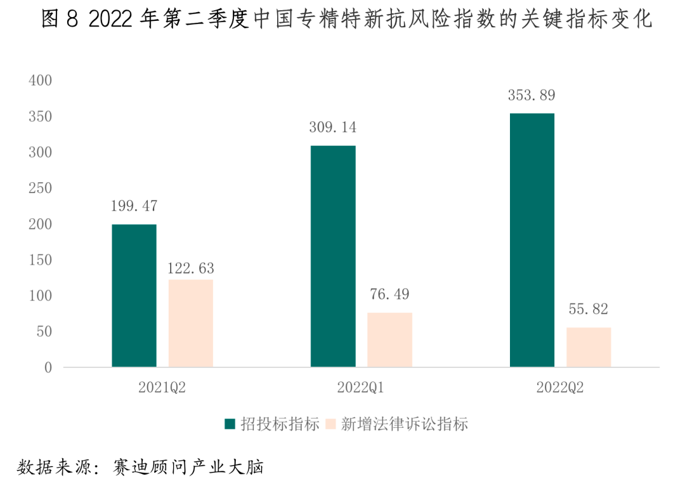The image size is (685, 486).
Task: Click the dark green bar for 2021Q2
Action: point(134,296)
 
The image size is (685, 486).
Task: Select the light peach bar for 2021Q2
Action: point(190,324)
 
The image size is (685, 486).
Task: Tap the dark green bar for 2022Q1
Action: point(333,256)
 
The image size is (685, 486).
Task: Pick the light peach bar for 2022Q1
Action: point(389,340)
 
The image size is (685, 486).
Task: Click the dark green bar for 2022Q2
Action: point(532,240)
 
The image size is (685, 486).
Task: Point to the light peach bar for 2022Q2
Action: point(589,347)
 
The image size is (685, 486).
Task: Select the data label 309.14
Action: point(332,128)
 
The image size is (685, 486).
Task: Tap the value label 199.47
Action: point(133,206)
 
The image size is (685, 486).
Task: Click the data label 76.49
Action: point(389,294)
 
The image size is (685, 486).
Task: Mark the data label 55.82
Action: point(589,310)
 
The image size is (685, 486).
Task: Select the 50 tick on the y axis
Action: point(43,332)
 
